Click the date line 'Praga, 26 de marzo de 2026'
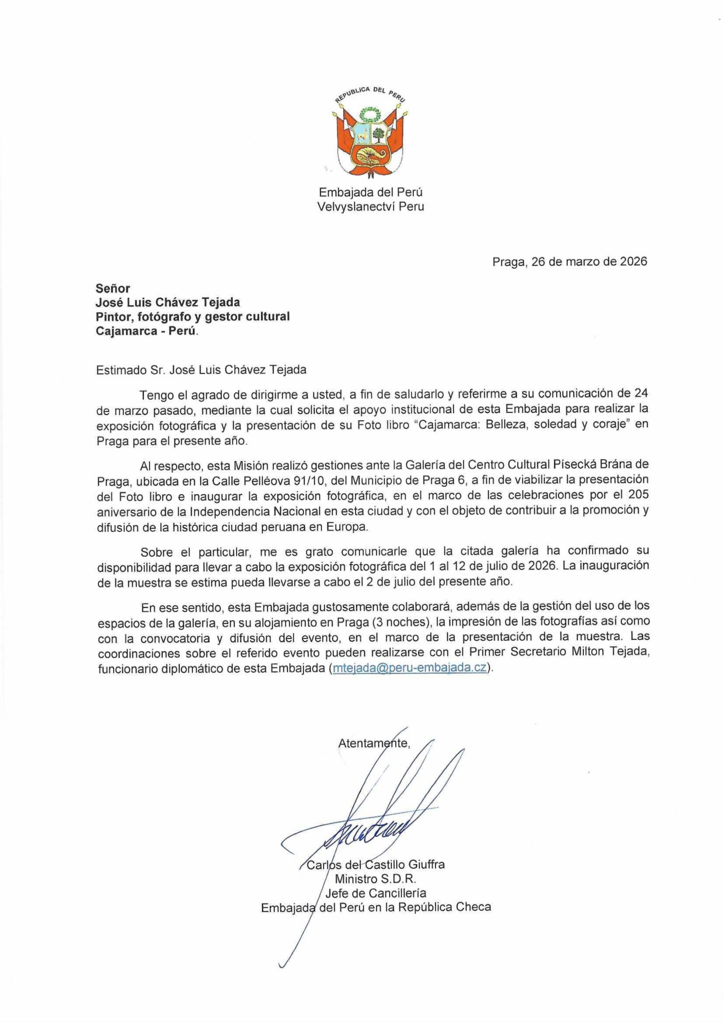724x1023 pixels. [x=569, y=262]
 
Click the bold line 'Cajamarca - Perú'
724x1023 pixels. [x=145, y=332]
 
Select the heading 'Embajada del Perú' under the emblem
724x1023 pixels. [x=370, y=193]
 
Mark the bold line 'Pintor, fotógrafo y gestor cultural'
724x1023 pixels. [x=193, y=317]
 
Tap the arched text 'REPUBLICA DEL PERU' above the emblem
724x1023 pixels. [x=370, y=93]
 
